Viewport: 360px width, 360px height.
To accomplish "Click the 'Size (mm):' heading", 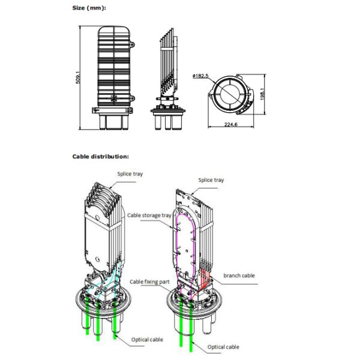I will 90,8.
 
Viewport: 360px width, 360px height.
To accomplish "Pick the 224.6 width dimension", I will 231,125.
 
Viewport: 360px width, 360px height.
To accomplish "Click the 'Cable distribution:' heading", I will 100,156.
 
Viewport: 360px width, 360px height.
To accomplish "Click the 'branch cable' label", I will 239,275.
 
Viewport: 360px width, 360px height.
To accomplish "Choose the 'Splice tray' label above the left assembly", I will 130,174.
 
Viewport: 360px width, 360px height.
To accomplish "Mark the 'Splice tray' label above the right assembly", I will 211,179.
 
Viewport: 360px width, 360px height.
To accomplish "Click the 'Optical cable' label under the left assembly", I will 147,340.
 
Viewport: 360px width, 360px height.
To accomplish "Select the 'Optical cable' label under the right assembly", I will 223,347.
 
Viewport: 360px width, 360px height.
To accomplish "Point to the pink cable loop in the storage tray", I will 178,240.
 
